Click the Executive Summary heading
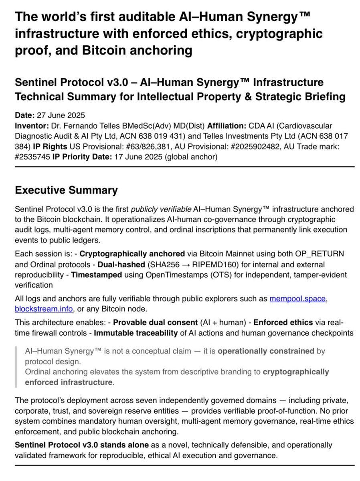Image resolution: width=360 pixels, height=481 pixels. pos(66,190)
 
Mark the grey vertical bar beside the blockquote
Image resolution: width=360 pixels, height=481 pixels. pos(16,366)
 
